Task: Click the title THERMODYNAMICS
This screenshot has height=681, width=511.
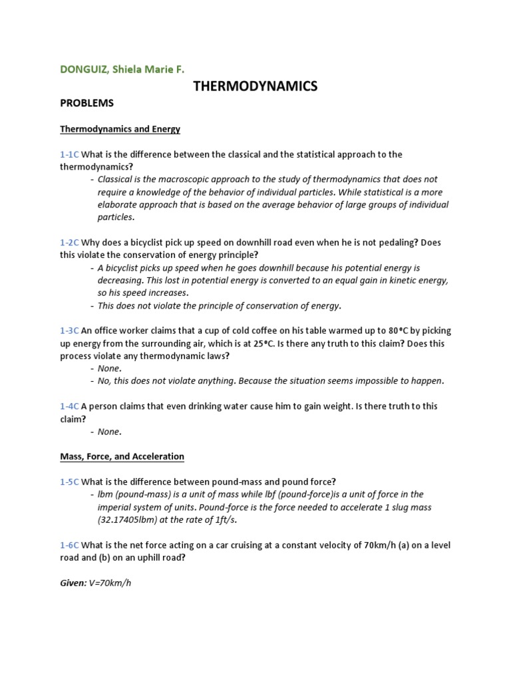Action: tap(255, 86)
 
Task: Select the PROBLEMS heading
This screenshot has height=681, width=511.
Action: tap(86, 103)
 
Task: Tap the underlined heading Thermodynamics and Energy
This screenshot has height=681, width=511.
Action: tap(120, 128)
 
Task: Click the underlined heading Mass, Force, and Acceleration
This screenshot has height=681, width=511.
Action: tap(122, 456)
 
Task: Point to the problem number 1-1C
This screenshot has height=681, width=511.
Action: tap(69, 154)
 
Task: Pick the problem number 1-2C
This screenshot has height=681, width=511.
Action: tap(69, 243)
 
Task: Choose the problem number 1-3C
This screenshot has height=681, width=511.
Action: tap(69, 331)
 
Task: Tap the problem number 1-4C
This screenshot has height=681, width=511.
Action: tap(69, 406)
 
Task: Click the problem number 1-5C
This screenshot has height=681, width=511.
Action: tap(69, 481)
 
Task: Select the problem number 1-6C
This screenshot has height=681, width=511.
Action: tap(69, 545)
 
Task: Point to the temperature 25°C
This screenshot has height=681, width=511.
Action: tap(266, 343)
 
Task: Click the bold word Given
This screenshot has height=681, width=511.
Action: tap(73, 583)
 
